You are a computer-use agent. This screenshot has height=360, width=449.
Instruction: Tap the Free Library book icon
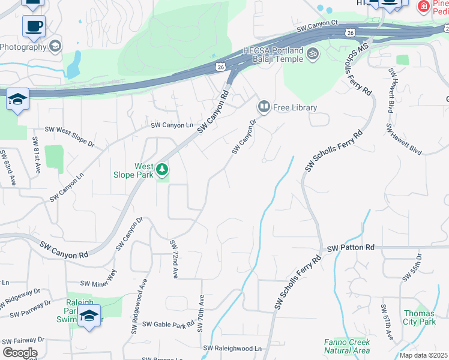264,107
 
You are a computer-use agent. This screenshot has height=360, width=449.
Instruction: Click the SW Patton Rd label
351,247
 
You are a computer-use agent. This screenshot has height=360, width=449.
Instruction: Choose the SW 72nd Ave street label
174,259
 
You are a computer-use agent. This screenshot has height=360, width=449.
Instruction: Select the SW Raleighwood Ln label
233,348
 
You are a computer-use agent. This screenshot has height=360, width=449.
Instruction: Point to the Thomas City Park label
420,317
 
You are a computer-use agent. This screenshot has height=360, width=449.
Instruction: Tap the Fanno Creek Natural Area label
346,346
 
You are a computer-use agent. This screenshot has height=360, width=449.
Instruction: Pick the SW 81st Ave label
36,155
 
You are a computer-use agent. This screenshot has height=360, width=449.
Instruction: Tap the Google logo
20,353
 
